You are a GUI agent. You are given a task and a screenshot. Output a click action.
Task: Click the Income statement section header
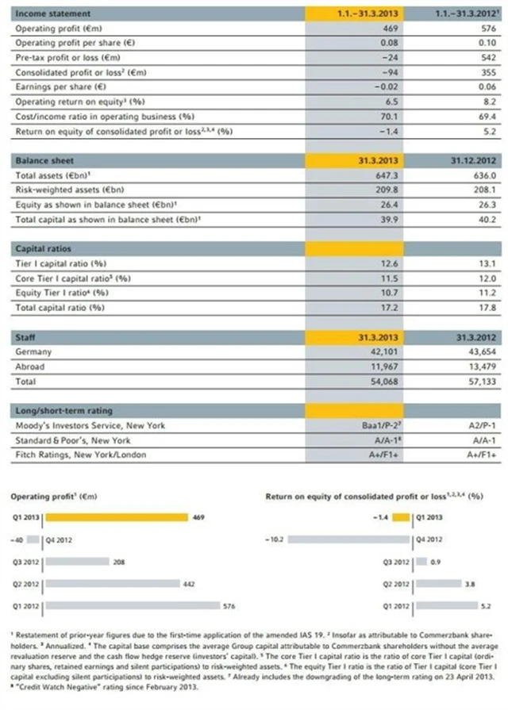[53, 14]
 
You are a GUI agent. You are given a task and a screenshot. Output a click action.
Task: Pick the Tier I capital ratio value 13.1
[487, 263]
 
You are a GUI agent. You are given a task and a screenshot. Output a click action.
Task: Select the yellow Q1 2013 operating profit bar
[115, 517]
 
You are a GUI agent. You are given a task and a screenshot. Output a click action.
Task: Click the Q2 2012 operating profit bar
[111, 585]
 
